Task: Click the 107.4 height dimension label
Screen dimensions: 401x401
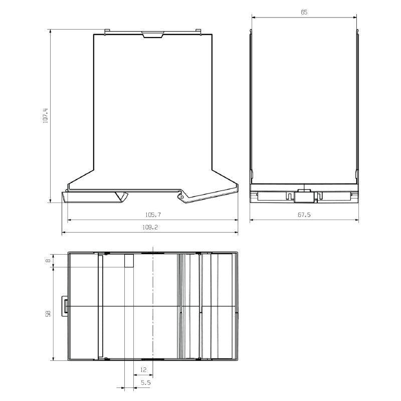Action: [x=45, y=116]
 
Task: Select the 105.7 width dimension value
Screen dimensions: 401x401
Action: [x=152, y=215]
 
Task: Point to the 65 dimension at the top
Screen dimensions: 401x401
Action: [x=304, y=12]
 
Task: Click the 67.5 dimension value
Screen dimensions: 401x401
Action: [x=304, y=215]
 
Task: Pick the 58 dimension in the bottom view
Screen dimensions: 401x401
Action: [x=48, y=314]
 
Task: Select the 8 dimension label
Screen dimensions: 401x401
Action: [x=48, y=260]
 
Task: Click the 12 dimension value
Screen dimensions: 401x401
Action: [x=143, y=369]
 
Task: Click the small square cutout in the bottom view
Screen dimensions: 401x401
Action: [x=129, y=261]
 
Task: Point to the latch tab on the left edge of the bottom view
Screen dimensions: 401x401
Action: [x=65, y=305]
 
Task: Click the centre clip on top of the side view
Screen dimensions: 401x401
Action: [x=153, y=35]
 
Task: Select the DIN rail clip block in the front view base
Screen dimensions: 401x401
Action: [x=304, y=196]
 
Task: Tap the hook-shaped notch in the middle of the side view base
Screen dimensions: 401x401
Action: [x=121, y=196]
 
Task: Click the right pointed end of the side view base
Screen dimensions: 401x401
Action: [x=235, y=189]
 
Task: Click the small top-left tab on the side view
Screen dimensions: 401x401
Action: [x=107, y=32]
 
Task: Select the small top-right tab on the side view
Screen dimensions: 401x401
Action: [x=198, y=32]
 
